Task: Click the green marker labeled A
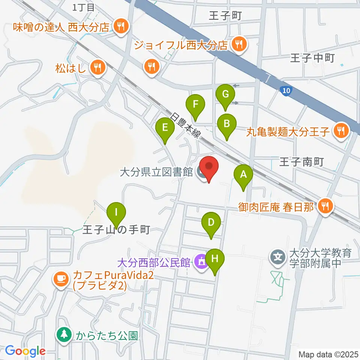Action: [243, 175]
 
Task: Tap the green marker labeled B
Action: [226, 124]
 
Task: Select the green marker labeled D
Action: [211, 223]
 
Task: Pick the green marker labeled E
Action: [165, 128]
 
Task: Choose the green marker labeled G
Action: [225, 94]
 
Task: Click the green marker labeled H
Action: [215, 259]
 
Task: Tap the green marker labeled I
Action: [116, 213]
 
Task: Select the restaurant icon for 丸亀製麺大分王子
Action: [341, 131]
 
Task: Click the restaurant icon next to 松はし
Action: [98, 67]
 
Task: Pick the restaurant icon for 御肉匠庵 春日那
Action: [325, 206]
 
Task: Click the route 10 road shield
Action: [285, 90]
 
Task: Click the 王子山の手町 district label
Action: [116, 229]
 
